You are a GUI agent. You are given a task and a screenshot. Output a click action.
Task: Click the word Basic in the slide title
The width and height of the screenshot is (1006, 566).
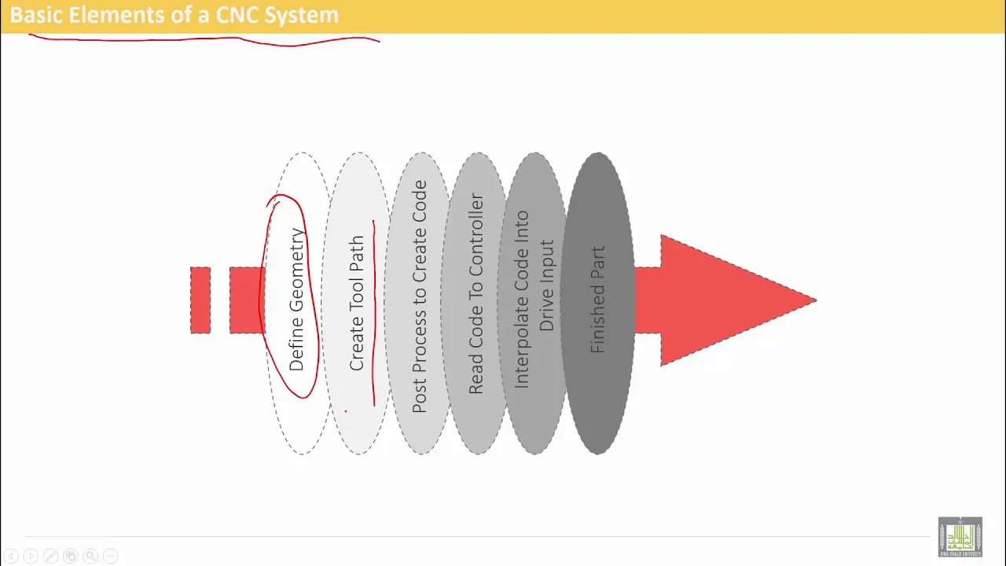tap(36, 15)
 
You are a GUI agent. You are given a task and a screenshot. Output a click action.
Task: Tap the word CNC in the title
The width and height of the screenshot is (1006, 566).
tap(237, 15)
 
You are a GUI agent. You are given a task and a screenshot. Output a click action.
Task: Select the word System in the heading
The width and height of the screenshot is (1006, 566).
tap(301, 16)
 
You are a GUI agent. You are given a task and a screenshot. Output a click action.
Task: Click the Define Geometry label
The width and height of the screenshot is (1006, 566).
tap(296, 300)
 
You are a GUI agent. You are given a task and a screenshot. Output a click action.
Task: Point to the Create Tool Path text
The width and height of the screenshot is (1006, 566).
tap(357, 303)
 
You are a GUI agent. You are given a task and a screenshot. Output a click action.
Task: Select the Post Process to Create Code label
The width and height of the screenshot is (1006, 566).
tap(419, 296)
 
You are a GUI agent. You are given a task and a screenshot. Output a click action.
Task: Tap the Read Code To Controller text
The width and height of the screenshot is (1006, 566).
tap(475, 294)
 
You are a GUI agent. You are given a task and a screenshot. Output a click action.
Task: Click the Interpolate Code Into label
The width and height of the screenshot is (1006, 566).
tap(521, 300)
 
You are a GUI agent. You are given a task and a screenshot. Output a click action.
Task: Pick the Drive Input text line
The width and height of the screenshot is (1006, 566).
tap(546, 285)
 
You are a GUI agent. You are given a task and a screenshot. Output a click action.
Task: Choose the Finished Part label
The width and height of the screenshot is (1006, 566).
tap(598, 300)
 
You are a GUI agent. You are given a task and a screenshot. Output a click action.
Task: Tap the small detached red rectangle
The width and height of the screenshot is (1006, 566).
tap(200, 300)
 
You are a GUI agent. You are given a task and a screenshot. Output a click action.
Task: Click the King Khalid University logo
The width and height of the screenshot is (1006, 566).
tap(960, 537)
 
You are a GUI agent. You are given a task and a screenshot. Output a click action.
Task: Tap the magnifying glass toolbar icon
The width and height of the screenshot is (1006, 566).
tap(90, 556)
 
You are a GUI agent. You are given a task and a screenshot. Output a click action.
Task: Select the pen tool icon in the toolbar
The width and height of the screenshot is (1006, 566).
tap(51, 556)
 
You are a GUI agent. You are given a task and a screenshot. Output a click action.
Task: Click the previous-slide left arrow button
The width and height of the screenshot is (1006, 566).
tap(11, 556)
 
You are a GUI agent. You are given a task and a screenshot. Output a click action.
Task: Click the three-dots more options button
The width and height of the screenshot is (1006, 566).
tap(111, 556)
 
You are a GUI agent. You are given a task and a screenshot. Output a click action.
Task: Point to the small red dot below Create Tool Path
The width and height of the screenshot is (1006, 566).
tap(346, 411)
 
